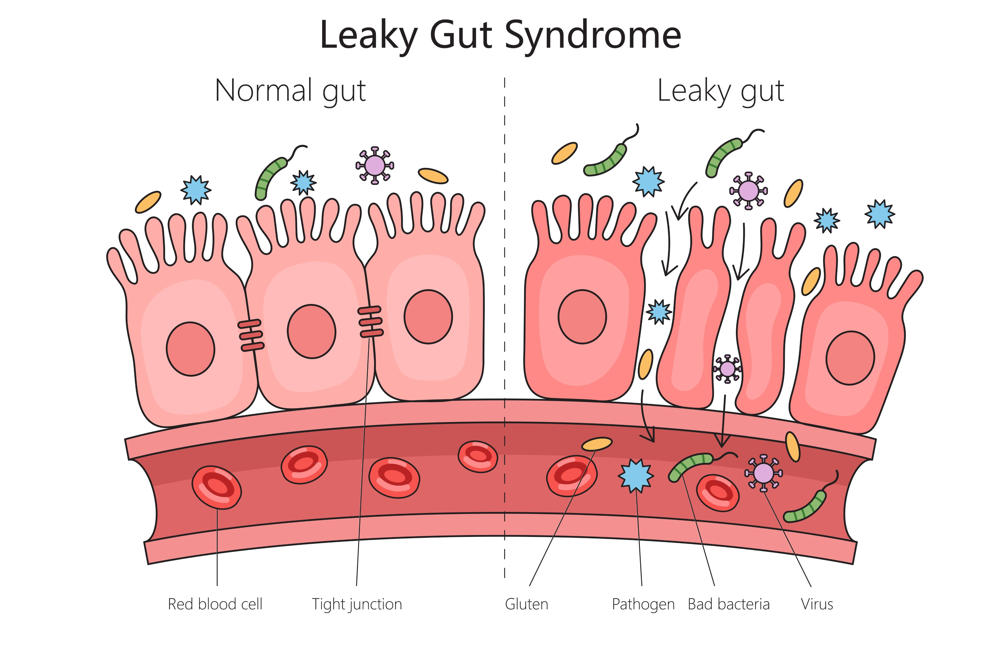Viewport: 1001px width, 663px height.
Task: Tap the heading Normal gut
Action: [x=290, y=91]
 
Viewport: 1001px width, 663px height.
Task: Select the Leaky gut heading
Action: [x=721, y=91]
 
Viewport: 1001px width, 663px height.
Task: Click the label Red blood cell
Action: [x=215, y=604]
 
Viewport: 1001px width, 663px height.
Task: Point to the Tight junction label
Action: [x=357, y=604]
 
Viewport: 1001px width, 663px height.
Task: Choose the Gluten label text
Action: [x=526, y=604]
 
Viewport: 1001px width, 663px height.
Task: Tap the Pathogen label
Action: [x=643, y=604]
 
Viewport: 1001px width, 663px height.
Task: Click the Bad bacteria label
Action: [x=728, y=604]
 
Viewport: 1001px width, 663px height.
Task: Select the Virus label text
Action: [x=817, y=604]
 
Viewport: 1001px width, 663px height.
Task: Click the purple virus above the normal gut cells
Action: [x=374, y=165]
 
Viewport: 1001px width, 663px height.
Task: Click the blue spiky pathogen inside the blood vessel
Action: [x=636, y=476]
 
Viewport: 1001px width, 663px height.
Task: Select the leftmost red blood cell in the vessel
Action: [x=217, y=487]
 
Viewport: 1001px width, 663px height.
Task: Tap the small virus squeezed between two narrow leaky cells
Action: [x=727, y=369]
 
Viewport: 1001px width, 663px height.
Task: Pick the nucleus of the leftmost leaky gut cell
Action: [x=582, y=317]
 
